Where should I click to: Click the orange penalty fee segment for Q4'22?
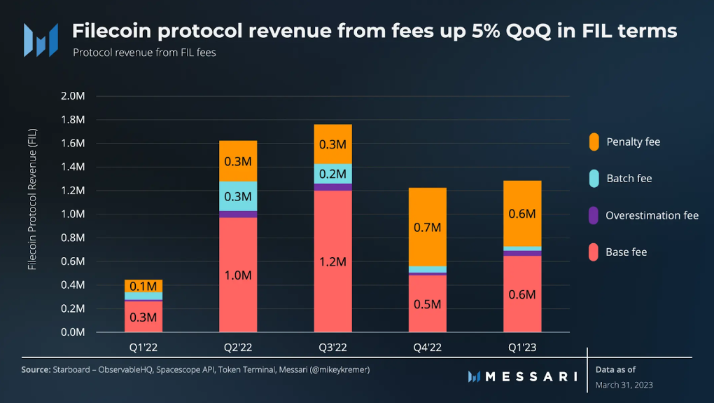427,226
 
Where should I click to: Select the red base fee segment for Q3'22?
332,261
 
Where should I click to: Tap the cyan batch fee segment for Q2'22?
238,196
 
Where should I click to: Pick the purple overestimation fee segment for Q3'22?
332,187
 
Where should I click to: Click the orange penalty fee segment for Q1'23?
522,213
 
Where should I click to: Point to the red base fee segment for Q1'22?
143,316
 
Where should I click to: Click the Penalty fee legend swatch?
594,142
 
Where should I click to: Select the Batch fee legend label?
629,178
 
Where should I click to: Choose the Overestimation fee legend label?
652,215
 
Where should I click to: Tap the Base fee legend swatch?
594,252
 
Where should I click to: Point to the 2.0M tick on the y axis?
72,96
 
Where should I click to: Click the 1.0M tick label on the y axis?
72,214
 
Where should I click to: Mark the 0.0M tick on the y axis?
72,332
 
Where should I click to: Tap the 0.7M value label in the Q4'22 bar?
427,227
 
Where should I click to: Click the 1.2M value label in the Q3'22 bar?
332,261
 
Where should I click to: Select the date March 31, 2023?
624,385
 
